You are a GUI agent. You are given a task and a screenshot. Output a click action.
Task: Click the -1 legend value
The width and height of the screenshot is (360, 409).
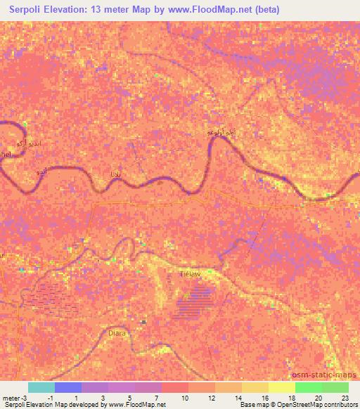41,398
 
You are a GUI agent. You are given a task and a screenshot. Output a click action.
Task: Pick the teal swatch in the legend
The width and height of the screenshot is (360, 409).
41,387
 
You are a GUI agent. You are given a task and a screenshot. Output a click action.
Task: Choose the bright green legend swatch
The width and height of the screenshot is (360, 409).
309,387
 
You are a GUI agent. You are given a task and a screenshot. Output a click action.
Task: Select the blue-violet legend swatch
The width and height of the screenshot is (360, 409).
68,387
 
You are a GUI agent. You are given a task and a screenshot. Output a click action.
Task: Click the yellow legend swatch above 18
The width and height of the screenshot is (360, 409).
282,387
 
